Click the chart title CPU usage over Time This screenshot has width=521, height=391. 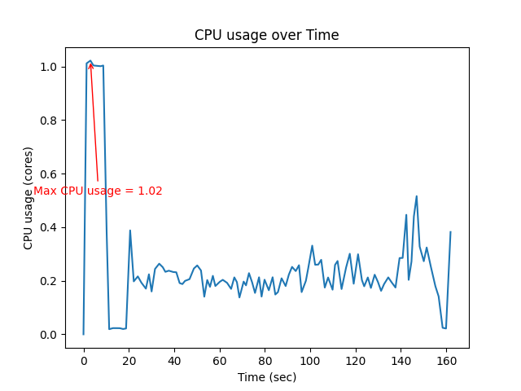tap(266, 35)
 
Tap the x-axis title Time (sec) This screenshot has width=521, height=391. tap(266, 377)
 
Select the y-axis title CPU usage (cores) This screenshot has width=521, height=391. tap(28, 198)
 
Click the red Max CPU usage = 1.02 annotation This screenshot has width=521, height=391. tap(98, 191)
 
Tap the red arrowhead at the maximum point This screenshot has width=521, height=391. tap(90, 64)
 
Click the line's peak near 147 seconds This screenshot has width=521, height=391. tap(417, 196)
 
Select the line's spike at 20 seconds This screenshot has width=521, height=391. tap(129, 231)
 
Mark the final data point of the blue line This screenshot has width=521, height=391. tap(450, 232)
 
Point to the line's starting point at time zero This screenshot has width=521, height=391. tap(83, 334)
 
